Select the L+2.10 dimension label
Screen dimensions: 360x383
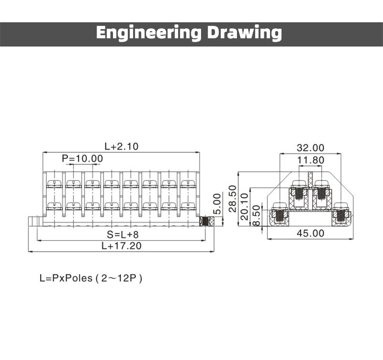tap(122, 146)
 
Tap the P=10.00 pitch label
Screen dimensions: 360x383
tap(82, 158)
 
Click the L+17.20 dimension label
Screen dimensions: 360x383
tap(122, 246)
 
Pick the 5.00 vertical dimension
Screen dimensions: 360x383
tap(217, 203)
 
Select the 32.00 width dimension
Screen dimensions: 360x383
tap(310, 147)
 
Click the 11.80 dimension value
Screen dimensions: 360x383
tap(310, 160)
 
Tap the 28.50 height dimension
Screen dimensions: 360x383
tap(233, 198)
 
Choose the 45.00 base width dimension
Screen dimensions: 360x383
tap(310, 234)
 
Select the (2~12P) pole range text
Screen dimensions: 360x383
tap(119, 278)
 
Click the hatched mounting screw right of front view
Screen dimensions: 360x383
tap(207, 222)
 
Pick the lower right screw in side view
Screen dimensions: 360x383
tap(340, 215)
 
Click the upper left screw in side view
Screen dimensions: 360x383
tap(299, 192)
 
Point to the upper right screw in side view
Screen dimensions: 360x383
tap(321, 192)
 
